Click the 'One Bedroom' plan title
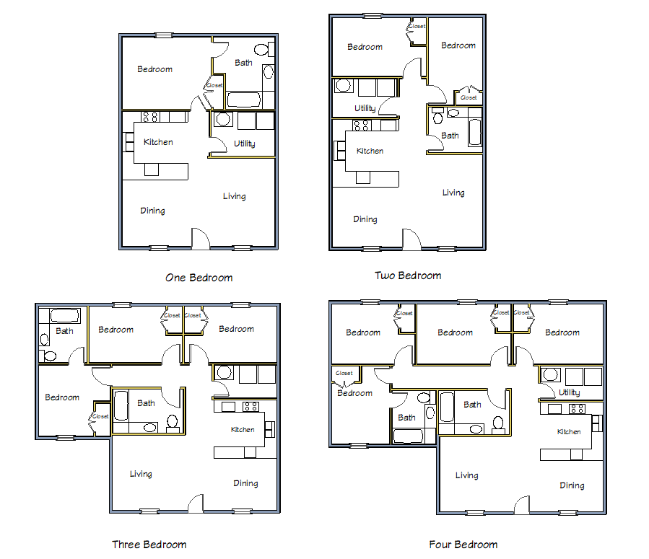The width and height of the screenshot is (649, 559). point(199,278)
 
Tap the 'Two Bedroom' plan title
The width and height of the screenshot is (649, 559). point(408,276)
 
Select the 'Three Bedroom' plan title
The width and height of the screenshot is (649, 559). point(149,544)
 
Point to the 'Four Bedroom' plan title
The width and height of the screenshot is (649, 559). point(463,544)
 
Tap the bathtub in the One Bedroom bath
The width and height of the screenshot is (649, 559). point(244,100)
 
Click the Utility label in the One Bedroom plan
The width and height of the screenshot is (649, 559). point(244,144)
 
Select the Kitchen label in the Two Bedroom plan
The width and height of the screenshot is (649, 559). point(370,151)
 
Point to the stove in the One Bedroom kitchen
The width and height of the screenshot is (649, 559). point(150,117)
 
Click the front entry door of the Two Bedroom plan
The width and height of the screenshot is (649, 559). point(411,239)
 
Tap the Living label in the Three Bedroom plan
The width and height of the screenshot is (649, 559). point(141,474)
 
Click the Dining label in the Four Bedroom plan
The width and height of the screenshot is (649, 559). point(572,485)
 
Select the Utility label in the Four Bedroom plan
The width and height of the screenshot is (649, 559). point(569,392)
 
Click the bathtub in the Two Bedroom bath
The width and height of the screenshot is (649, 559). point(475,132)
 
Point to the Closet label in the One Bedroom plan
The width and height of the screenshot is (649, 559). point(214,85)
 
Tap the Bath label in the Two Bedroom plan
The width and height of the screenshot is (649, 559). point(450,136)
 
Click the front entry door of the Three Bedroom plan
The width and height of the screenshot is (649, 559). point(196,503)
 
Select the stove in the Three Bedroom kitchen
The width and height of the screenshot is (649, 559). point(251,407)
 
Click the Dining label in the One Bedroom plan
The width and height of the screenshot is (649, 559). point(152,211)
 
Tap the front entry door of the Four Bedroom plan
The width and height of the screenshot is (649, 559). point(522,505)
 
